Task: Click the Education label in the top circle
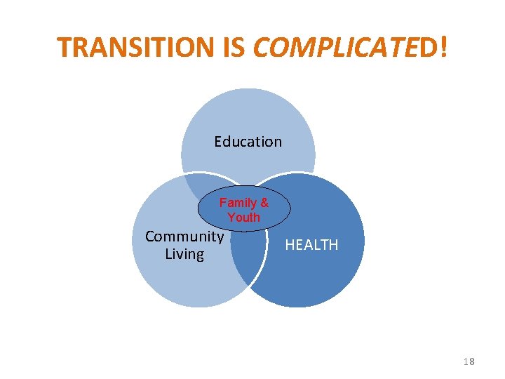[x=248, y=142]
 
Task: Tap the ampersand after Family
[x=264, y=203]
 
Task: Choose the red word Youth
[x=243, y=218]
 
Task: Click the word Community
[x=184, y=237]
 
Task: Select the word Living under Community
[x=184, y=254]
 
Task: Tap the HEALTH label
[x=311, y=245]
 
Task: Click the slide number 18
[x=469, y=361]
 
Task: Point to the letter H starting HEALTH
[x=289, y=245]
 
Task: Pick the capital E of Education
[x=218, y=142]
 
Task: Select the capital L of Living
[x=168, y=254]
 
